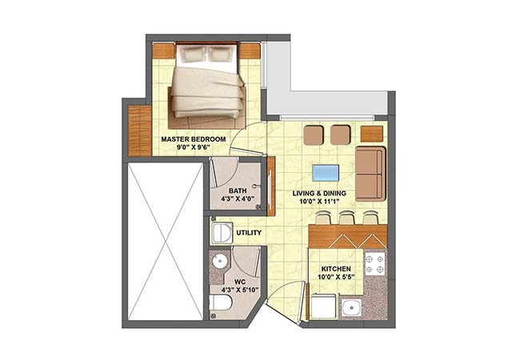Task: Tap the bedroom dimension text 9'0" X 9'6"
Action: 193,148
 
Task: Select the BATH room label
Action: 237,190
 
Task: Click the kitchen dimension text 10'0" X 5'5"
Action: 337,279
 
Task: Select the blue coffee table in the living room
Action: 326,174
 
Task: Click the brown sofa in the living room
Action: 370,173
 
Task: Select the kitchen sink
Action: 350,309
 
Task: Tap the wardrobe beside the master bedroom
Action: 139,130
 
